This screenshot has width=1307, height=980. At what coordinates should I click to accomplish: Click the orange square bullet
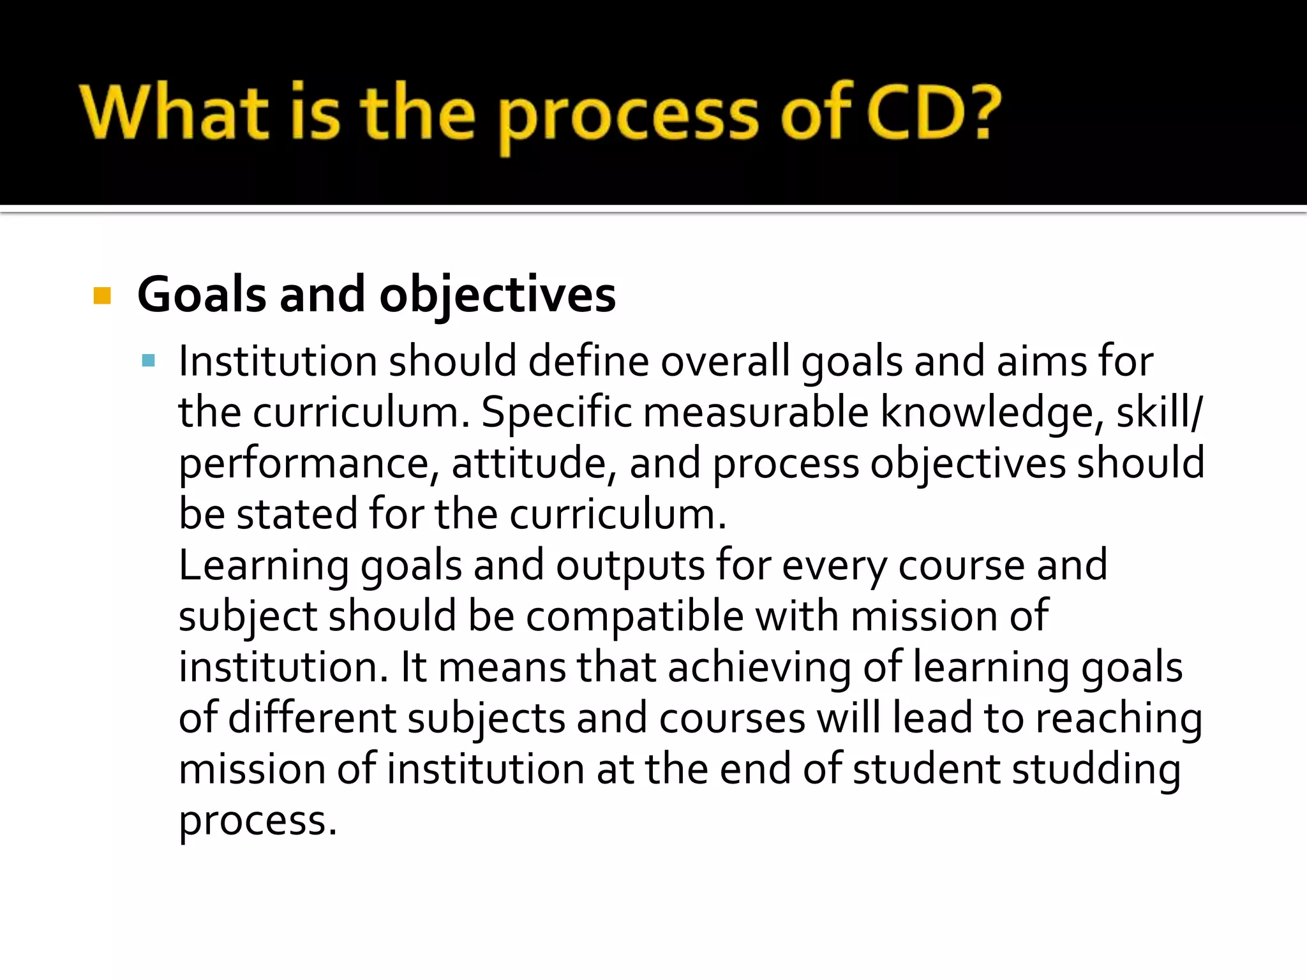(102, 296)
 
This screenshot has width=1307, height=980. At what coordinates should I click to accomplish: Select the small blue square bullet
(149, 361)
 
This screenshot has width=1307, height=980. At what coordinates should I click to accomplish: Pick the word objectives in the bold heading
(498, 296)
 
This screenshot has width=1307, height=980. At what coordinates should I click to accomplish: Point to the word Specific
(556, 413)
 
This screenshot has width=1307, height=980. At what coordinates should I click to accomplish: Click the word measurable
(756, 412)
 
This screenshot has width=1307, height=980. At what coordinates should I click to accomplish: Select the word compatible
(635, 617)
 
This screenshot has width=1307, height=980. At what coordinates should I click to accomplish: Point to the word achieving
(759, 668)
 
